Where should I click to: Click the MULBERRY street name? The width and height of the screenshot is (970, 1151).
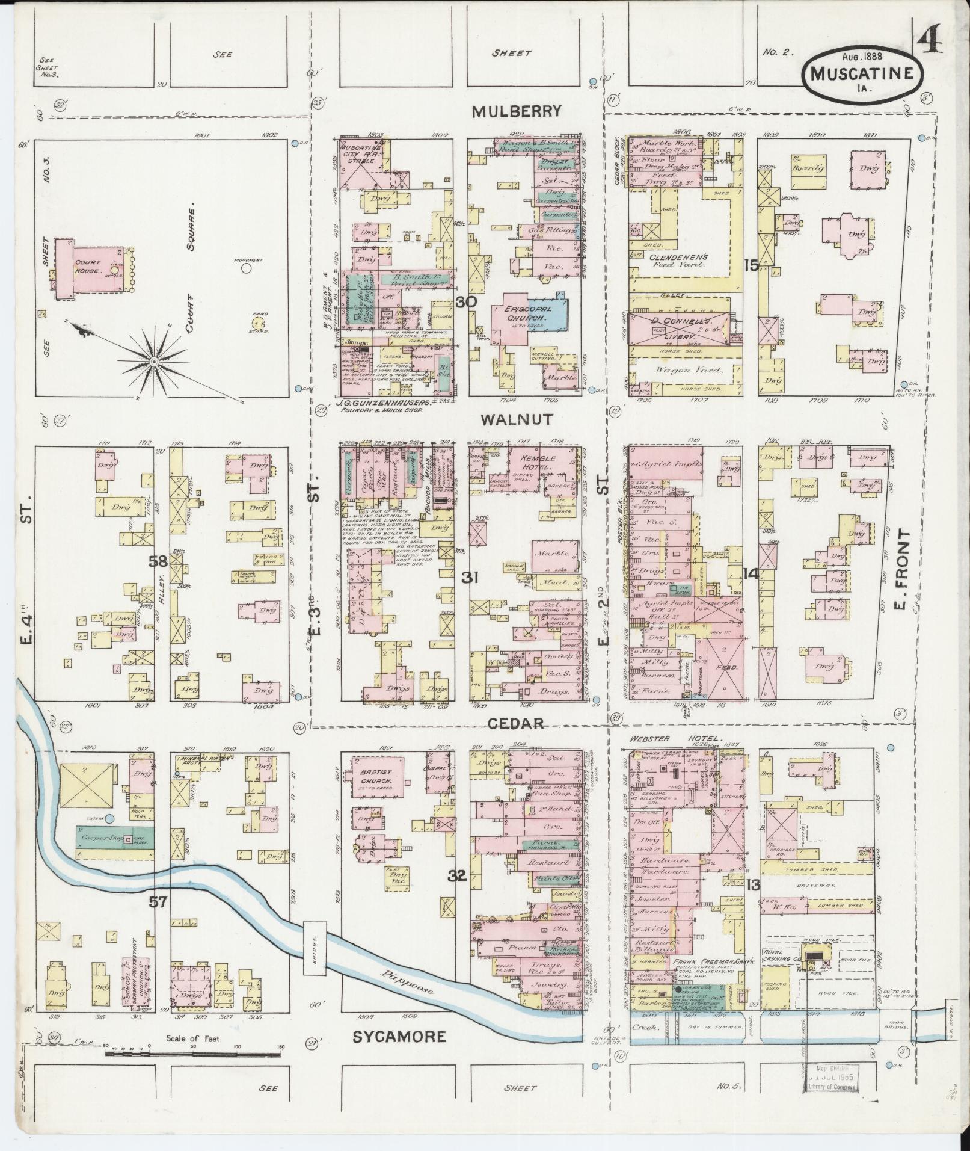click(516, 111)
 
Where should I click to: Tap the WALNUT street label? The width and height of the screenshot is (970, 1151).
click(517, 420)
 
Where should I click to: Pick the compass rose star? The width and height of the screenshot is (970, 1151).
click(153, 361)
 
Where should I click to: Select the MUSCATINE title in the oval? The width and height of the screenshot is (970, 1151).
click(862, 73)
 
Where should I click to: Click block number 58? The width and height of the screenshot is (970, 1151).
click(158, 562)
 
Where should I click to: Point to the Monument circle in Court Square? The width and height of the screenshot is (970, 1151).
click(246, 268)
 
